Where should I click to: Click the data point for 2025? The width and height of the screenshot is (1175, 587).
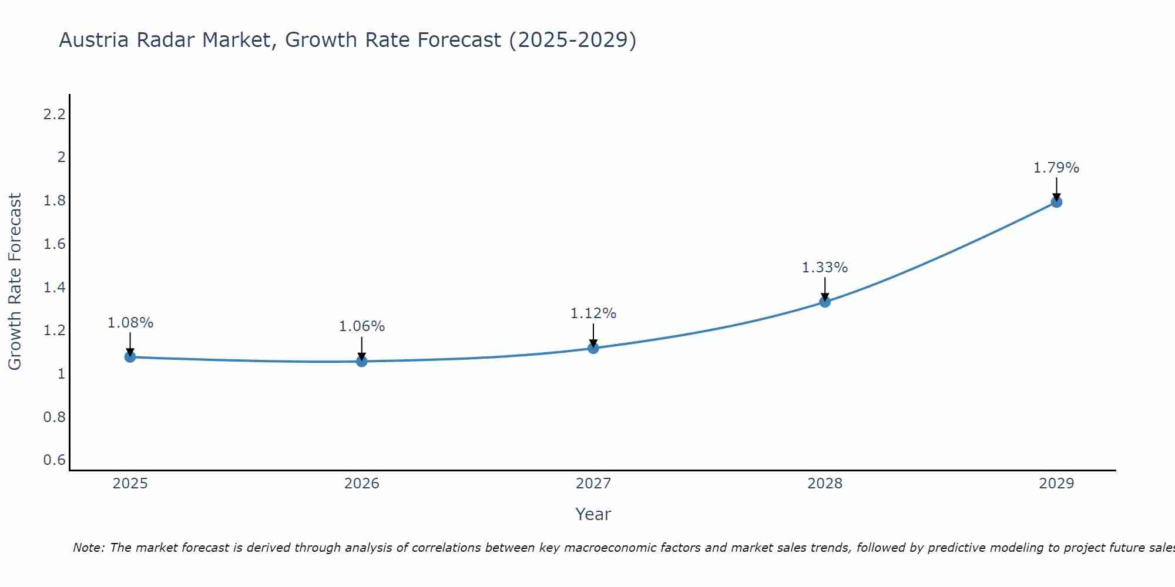130,357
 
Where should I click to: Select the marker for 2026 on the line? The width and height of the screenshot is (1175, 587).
362,361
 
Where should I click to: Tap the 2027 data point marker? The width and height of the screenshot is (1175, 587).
593,348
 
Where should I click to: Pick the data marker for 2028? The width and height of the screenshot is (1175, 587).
825,302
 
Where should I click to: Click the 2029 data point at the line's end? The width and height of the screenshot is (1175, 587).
1056,202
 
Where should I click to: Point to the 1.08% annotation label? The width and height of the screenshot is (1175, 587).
130,323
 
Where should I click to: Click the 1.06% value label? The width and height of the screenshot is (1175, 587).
362,326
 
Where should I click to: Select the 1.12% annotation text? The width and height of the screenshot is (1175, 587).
593,313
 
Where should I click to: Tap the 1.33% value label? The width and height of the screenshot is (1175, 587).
825,268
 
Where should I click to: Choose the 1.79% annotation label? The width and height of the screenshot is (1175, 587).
1056,168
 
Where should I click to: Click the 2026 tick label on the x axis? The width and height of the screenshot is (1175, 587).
362,484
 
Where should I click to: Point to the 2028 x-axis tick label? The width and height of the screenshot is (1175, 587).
825,484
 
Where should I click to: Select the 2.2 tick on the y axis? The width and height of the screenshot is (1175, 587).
54,114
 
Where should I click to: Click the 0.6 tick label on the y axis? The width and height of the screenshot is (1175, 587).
54,460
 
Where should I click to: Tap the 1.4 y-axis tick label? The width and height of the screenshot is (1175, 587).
54,287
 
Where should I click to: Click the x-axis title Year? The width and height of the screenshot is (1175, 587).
593,514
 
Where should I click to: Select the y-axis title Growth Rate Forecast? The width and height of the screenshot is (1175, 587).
15,282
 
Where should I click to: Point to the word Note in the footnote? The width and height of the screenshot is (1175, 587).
88,548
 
